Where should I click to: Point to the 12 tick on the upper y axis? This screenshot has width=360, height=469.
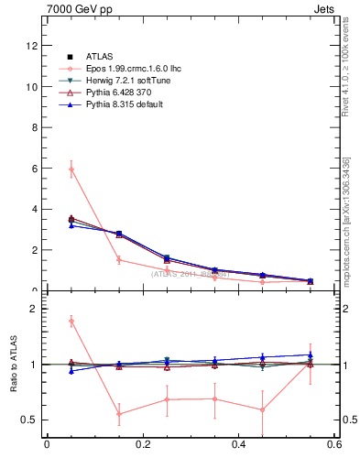[x=32, y=46]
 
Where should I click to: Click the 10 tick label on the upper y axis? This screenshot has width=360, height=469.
[x=32, y=87]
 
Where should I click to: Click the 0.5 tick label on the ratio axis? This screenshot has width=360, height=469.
[x=29, y=420]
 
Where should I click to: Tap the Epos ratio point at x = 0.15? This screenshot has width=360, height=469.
[x=119, y=414]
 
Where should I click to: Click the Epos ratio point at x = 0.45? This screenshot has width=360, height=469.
[x=262, y=409]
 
